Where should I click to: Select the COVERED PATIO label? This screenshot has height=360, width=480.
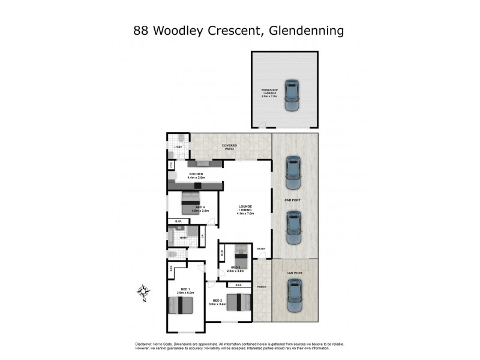click(229, 147)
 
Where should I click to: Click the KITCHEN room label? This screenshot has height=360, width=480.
click(196, 176)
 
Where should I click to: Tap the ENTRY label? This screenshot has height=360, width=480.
click(261, 249)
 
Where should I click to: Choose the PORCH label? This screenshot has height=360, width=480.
click(261, 287)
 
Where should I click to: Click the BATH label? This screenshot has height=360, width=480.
click(184, 238)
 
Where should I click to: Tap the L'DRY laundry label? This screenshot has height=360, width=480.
click(178, 147)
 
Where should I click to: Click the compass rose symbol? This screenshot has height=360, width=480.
click(143, 292)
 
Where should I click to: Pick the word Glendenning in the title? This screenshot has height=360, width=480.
click(304, 29)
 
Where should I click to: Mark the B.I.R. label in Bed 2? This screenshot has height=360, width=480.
click(239, 285)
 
